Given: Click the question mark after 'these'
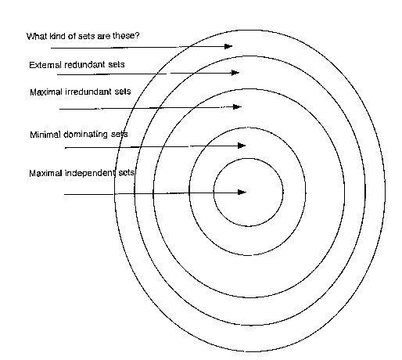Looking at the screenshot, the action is (x=138, y=35).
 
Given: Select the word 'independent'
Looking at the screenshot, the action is (x=90, y=173).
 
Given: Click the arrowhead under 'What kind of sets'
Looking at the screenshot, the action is (x=228, y=46).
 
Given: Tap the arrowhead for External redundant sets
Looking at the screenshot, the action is (x=235, y=73).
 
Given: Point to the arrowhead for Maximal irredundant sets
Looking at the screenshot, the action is (x=237, y=106).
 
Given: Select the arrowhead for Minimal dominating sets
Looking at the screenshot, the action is (x=242, y=146).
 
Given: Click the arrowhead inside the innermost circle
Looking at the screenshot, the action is (x=242, y=193).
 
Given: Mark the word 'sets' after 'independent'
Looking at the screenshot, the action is (x=127, y=173).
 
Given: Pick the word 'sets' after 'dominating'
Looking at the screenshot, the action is (x=120, y=134).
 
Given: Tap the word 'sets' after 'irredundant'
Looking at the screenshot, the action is (x=123, y=92).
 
